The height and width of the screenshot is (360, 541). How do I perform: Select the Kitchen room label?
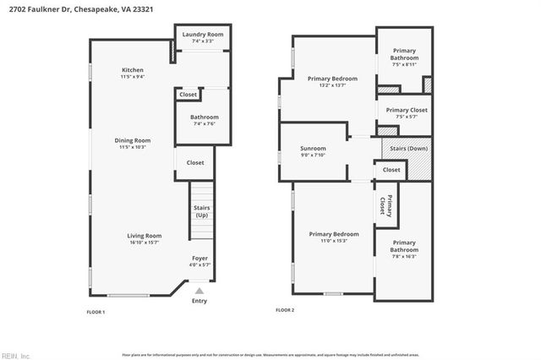click(133, 70)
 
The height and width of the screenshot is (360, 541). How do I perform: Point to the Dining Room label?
click(133, 140)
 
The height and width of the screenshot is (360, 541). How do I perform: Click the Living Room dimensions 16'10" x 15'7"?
click(145, 242)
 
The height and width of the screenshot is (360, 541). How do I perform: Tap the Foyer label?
click(199, 258)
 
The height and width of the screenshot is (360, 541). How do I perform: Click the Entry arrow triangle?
click(199, 290)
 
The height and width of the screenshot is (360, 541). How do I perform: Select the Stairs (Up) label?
click(202, 211)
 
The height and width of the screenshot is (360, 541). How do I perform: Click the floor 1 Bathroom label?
click(205, 117)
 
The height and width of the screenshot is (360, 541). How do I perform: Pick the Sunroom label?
click(313, 149)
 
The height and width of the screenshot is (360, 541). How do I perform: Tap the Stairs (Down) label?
click(406, 149)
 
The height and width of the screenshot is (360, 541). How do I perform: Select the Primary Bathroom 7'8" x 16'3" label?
click(403, 246)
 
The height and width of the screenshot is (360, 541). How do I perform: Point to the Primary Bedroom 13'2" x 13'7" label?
click(332, 79)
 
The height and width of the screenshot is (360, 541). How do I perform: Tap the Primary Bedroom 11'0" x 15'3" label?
click(334, 234)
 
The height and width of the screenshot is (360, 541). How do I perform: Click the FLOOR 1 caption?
click(96, 312)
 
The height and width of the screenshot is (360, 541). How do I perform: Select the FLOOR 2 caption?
click(285, 310)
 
